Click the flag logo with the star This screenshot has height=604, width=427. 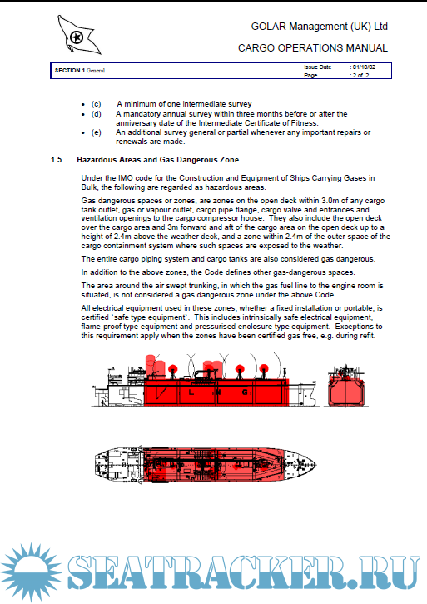click(78, 35)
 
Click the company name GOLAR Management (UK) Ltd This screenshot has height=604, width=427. click(319, 27)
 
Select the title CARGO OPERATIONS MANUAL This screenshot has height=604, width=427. click(313, 48)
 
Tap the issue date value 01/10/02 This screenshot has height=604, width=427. click(364, 67)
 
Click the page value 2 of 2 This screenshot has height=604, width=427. click(360, 76)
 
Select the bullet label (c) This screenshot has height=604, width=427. click(97, 104)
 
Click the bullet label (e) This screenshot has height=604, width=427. click(97, 132)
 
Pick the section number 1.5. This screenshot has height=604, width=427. click(57, 160)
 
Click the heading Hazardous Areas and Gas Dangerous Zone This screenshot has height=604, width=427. click(158, 160)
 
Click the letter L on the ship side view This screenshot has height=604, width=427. click(191, 392)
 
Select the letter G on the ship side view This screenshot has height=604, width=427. click(245, 392)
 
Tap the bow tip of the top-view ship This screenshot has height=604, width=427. click(316, 465)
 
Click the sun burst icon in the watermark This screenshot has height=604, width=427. click(31, 572)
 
